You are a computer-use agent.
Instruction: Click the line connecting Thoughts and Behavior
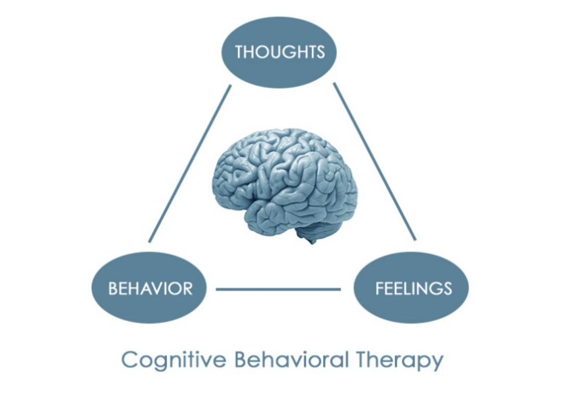(190, 164)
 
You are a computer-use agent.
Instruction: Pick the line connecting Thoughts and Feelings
(375, 162)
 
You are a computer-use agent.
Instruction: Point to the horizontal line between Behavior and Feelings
(278, 289)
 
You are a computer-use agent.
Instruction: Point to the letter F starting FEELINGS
(379, 289)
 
